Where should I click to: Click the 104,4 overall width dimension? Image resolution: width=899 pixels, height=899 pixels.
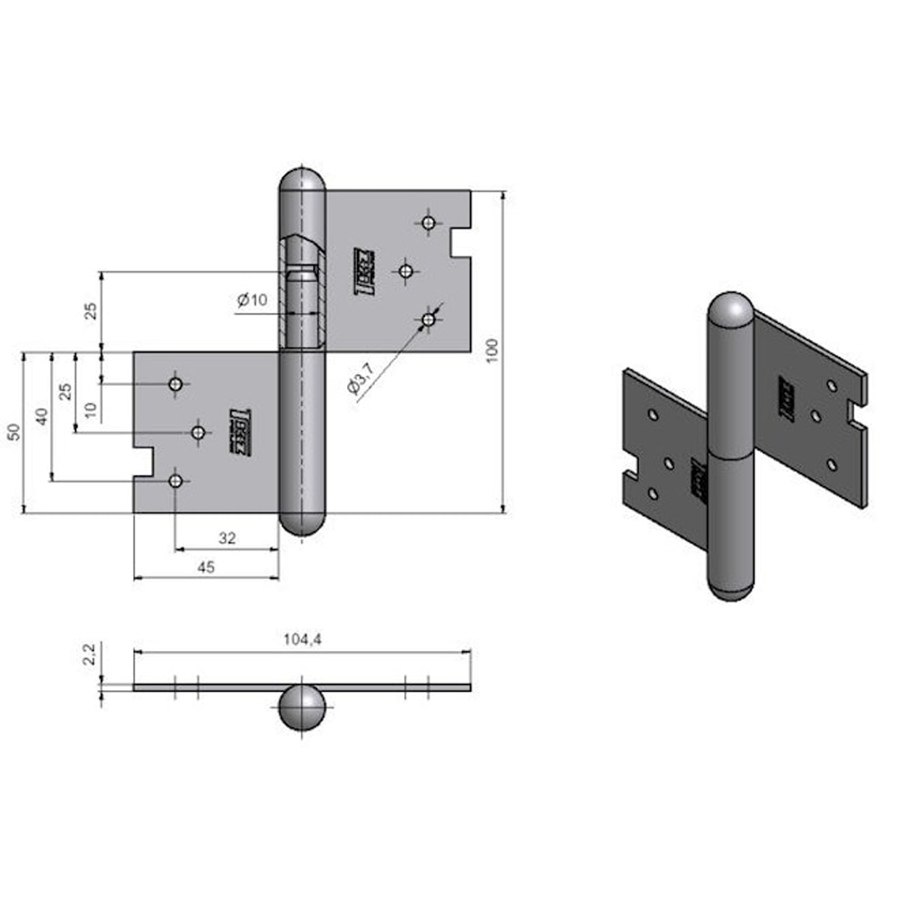coord(301,639)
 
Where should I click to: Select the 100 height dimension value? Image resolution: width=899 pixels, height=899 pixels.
coord(490,351)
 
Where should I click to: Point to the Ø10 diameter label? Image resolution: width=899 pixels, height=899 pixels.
coord(253,301)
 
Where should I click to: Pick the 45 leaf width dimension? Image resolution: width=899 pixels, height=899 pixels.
coord(206,566)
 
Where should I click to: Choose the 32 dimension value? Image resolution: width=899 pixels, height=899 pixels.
coord(227,538)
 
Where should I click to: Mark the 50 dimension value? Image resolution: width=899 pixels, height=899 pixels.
coord(13,432)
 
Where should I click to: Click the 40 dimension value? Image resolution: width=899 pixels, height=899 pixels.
coord(40,416)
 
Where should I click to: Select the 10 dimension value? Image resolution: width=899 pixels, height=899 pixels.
coord(90,410)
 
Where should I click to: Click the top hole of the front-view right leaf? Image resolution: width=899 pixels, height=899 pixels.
coord(429,222)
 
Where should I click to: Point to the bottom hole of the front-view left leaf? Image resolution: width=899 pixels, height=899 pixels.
coord(176,481)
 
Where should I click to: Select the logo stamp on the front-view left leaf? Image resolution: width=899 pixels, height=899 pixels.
coord(241,432)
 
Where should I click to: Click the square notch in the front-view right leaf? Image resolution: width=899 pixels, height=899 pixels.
coord(459,242)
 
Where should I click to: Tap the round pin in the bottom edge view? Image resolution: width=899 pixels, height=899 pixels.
coord(301,708)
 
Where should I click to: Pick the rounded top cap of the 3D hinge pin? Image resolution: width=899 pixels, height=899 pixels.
coord(730,311)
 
